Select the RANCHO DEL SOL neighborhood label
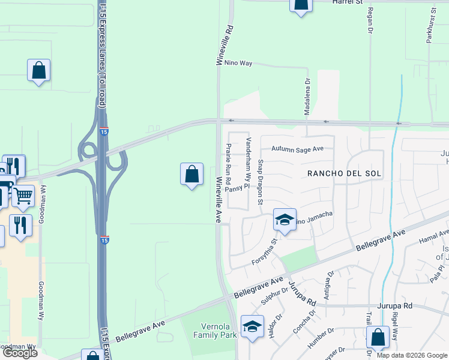point(345,173)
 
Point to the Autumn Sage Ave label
point(297,149)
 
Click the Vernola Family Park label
point(218,331)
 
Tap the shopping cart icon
point(23,196)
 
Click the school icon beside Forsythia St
point(285,220)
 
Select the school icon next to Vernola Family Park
point(252,326)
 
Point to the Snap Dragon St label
point(261,182)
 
